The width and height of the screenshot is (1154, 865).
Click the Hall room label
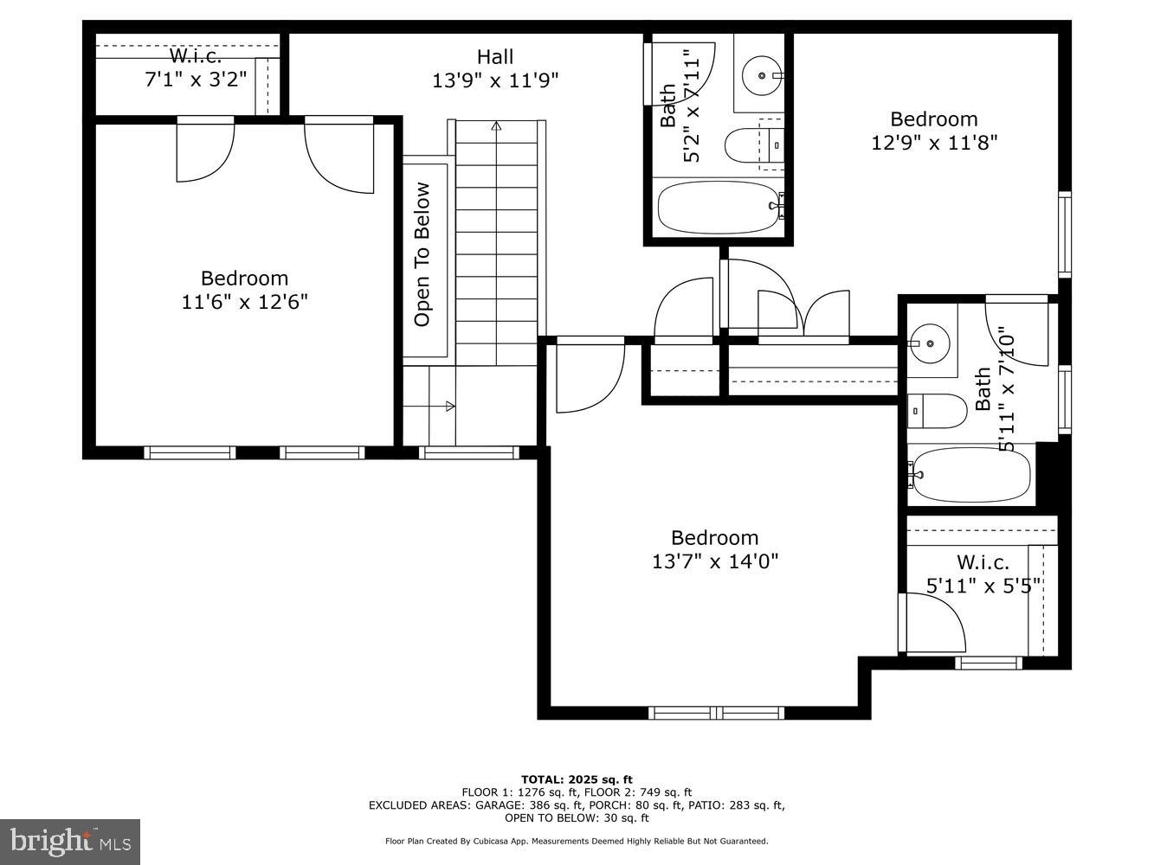tap(494, 57)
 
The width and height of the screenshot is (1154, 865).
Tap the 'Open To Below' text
tap(422, 253)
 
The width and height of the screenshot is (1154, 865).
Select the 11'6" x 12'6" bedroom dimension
tap(245, 302)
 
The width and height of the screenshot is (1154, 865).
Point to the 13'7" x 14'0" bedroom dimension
tap(715, 561)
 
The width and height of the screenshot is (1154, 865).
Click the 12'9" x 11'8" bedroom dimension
tap(934, 142)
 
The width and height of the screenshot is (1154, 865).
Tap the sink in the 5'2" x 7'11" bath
tap(762, 75)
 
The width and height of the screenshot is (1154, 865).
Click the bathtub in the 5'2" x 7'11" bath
tap(719, 208)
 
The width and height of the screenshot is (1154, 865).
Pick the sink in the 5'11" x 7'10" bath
tap(930, 343)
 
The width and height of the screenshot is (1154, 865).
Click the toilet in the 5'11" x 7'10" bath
tap(938, 411)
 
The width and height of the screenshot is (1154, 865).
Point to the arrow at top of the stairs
tap(496, 126)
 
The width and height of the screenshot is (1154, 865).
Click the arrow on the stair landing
tap(449, 406)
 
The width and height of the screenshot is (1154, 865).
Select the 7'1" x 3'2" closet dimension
tap(196, 79)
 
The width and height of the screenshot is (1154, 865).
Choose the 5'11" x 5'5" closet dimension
tap(983, 586)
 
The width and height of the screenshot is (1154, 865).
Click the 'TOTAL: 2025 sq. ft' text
tap(577, 779)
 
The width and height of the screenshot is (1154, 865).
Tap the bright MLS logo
tap(69, 841)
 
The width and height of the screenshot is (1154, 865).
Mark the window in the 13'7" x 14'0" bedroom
tap(716, 713)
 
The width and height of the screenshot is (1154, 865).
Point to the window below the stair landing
tap(468, 452)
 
